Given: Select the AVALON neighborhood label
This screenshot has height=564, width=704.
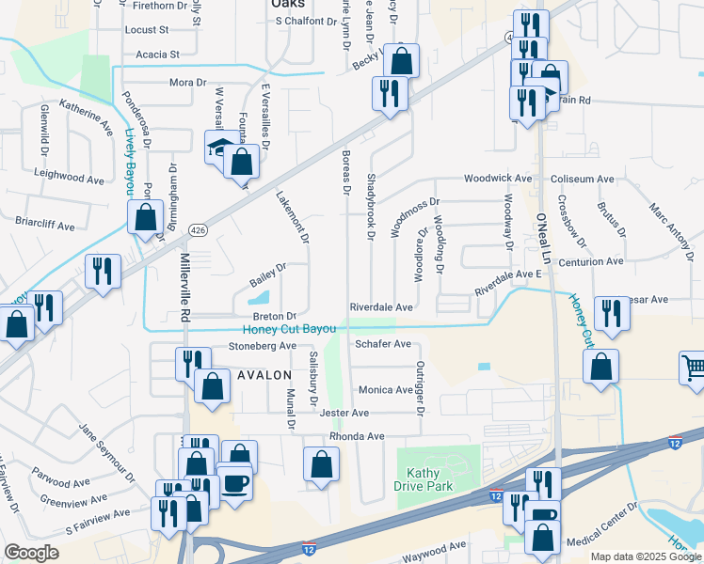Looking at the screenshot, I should click(x=264, y=374).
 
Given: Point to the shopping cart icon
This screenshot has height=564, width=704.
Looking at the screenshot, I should click(x=694, y=368).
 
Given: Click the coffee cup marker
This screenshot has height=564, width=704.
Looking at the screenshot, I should click(x=235, y=482).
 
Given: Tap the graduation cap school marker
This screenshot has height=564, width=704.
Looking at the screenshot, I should click(x=220, y=148).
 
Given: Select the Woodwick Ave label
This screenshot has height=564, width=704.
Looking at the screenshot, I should click(x=498, y=178).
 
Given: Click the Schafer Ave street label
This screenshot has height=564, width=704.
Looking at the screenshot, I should click(x=383, y=344).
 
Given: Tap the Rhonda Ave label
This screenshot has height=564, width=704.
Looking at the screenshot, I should click(x=357, y=436).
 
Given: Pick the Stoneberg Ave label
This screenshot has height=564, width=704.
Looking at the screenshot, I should click(x=263, y=346).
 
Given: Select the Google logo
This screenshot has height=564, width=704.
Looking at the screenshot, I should click(x=31, y=553).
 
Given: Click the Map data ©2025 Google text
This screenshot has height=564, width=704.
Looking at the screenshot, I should click(x=645, y=556).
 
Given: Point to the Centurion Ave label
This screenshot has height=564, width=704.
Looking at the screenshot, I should click(x=591, y=261).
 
